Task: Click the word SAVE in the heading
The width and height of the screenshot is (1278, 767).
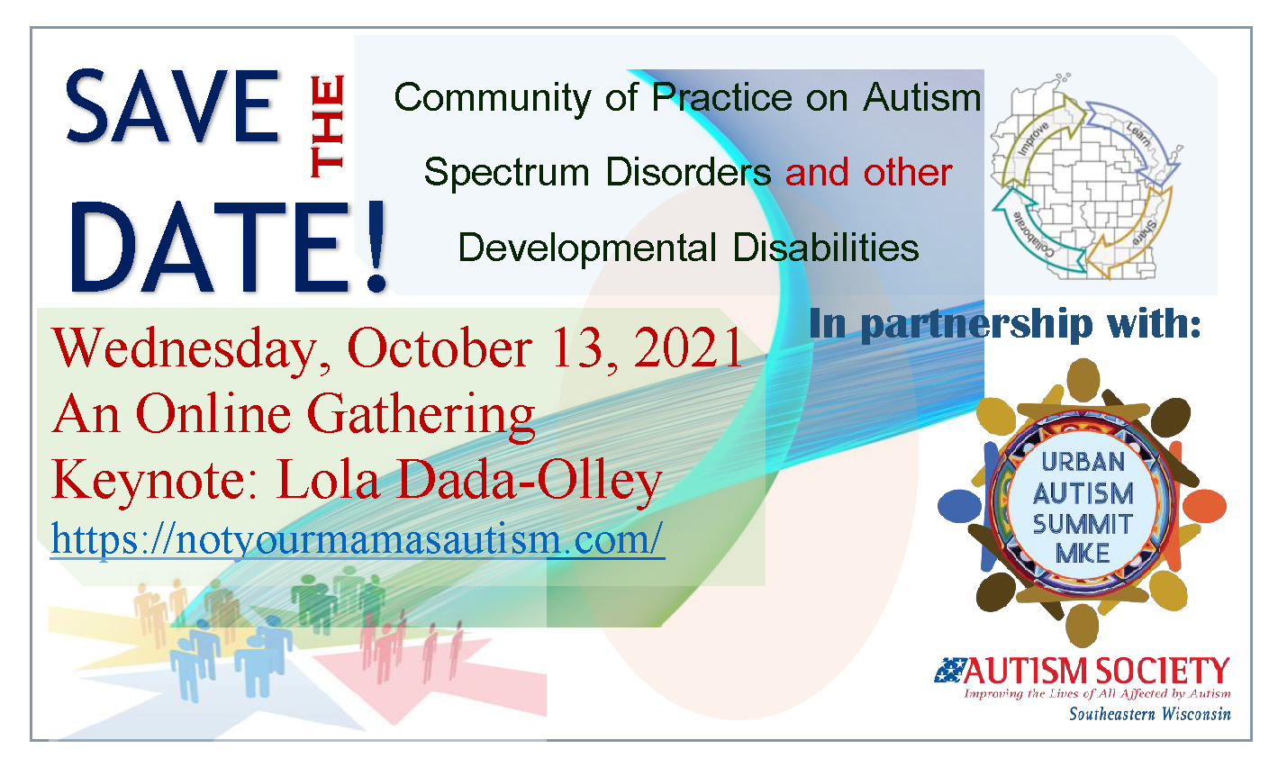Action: pyautogui.click(x=172, y=106)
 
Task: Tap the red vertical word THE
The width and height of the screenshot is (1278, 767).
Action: pyautogui.click(x=327, y=126)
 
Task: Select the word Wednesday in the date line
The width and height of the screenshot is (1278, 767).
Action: pyautogui.click(x=184, y=350)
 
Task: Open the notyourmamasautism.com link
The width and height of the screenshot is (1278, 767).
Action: pyautogui.click(x=358, y=538)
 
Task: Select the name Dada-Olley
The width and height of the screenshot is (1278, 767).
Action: pyautogui.click(x=528, y=481)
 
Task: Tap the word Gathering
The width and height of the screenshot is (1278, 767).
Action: pyautogui.click(x=421, y=416)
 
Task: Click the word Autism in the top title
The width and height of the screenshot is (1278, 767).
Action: pyautogui.click(x=922, y=98)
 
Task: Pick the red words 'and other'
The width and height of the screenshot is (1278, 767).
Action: pyautogui.click(x=868, y=172)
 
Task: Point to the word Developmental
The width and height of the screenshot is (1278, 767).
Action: pyautogui.click(x=587, y=248)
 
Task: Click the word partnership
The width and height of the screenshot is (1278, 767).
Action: pyautogui.click(x=976, y=325)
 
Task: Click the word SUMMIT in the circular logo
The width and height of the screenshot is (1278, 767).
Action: pyautogui.click(x=1083, y=524)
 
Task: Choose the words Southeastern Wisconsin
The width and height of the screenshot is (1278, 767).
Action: pyautogui.click(x=1149, y=714)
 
